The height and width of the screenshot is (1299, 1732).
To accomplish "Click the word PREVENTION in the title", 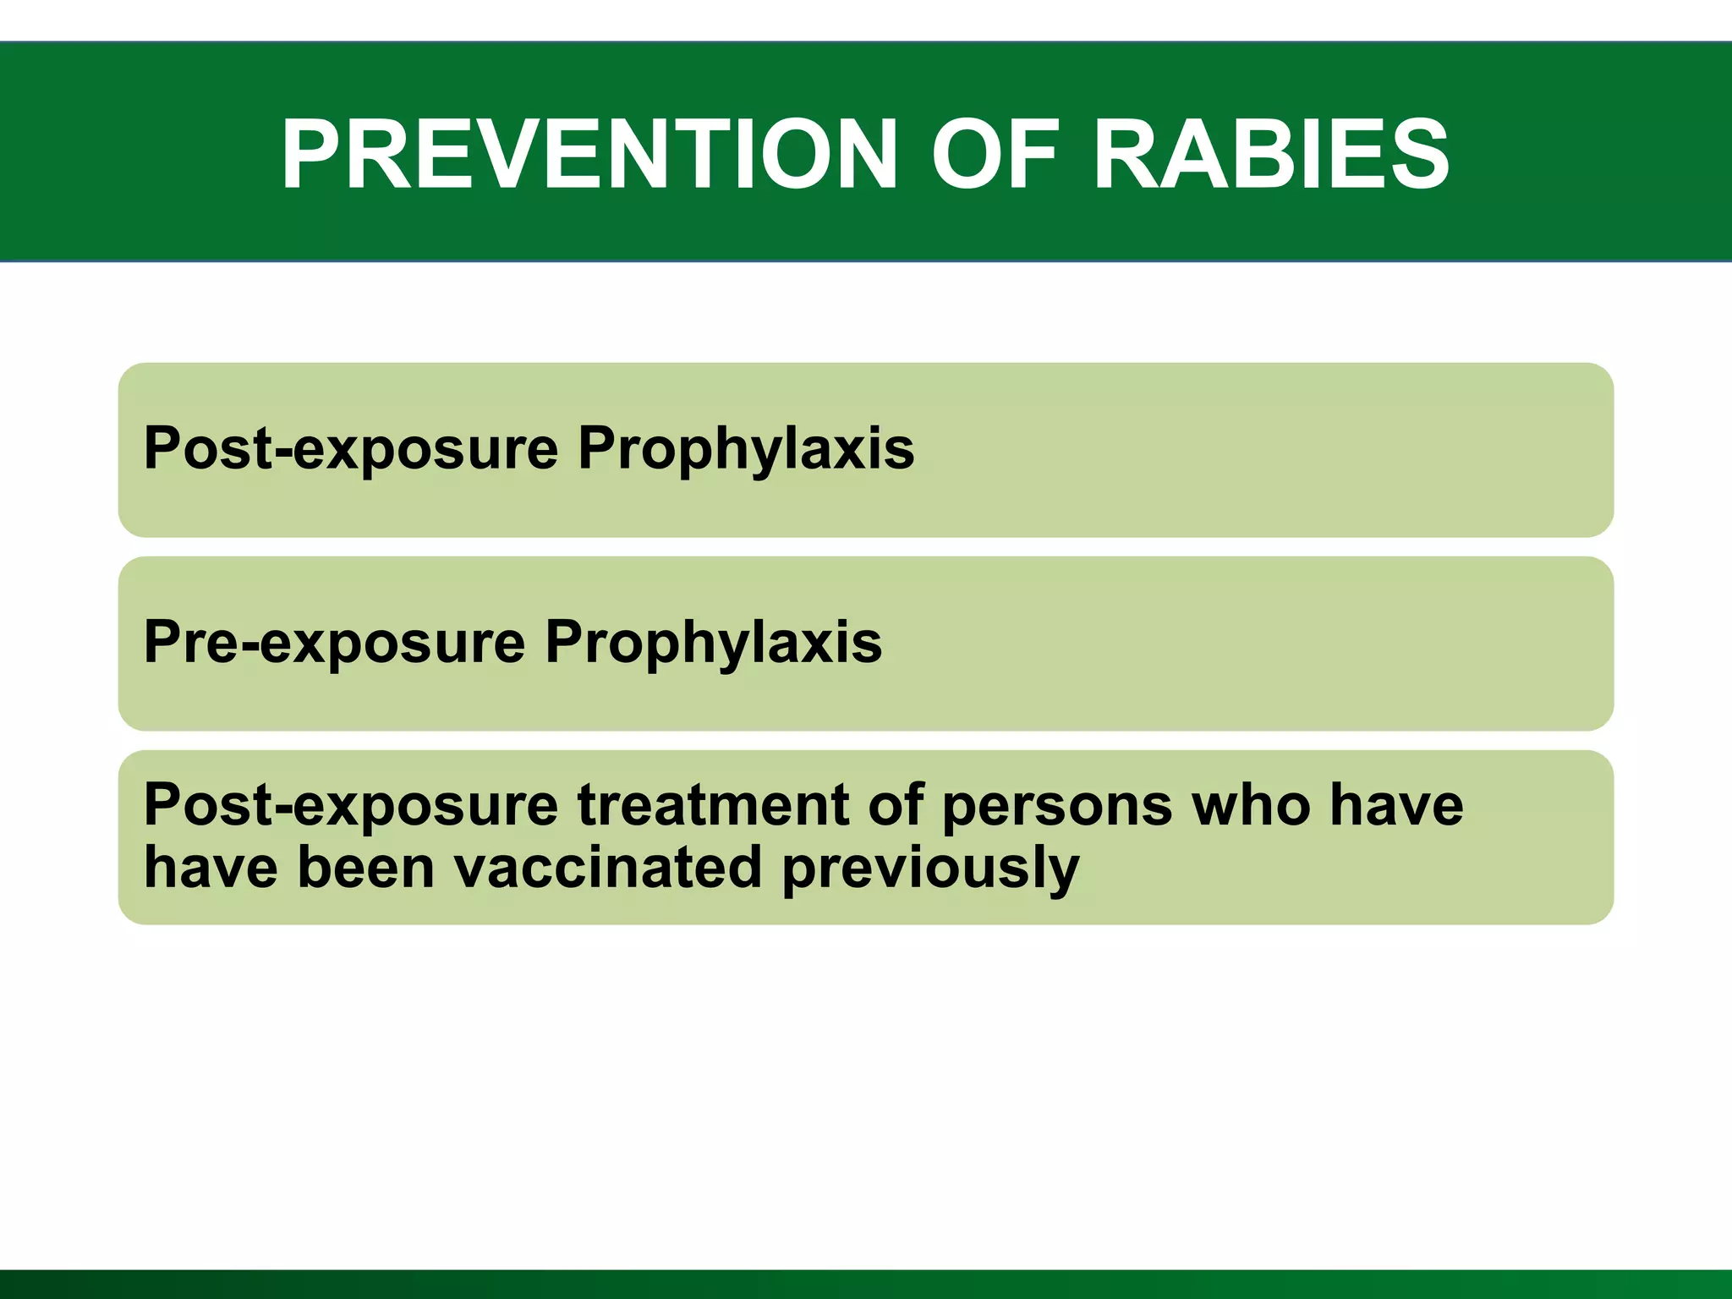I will click(589, 155).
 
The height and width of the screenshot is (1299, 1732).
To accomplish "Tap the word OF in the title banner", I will click(995, 155).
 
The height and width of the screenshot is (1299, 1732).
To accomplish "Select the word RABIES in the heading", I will click(1271, 155).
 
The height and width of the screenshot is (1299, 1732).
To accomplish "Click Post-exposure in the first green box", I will click(351, 448).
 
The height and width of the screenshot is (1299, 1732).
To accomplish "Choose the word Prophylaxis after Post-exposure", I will click(745, 448).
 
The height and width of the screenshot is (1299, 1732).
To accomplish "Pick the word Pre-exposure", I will click(335, 642).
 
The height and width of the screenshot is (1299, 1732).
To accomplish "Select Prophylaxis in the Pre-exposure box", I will click(713, 642).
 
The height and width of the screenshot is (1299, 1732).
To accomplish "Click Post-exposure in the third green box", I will click(351, 804).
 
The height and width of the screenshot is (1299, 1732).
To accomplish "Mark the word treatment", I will click(713, 804).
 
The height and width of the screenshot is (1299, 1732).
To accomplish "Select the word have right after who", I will click(1395, 804).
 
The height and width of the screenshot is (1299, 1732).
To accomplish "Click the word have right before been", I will click(211, 868).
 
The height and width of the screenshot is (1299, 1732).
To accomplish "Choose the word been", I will click(365, 868).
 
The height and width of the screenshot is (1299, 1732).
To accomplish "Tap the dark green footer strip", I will click(866, 1285).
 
